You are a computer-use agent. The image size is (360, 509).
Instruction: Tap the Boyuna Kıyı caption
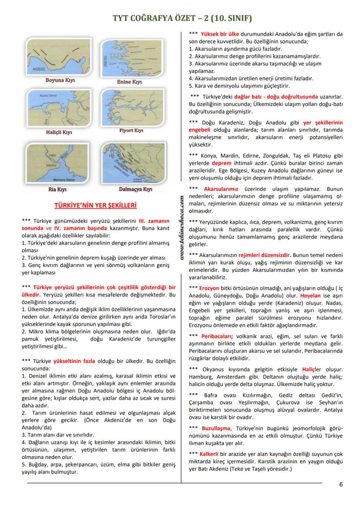(x=60, y=80)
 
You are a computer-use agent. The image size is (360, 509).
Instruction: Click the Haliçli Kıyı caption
(x=59, y=132)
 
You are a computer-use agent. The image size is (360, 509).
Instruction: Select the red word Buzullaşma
(x=217, y=428)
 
